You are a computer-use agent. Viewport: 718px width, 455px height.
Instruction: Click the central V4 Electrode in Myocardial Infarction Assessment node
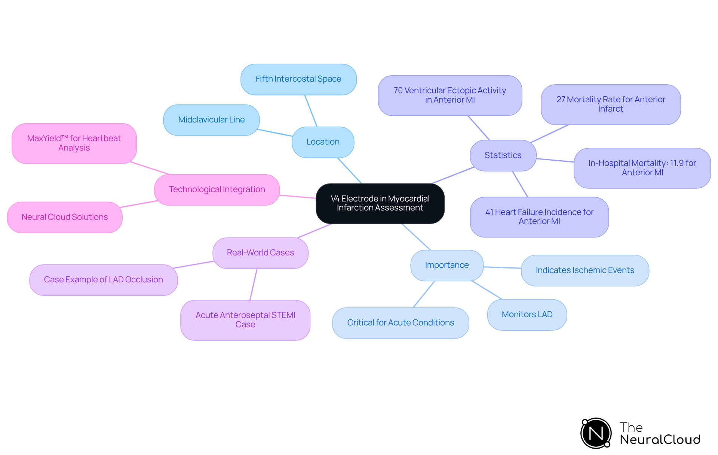(x=380, y=203)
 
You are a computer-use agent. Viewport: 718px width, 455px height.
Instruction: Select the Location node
(x=323, y=142)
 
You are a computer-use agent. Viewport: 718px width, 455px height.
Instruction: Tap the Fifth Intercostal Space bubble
(x=298, y=79)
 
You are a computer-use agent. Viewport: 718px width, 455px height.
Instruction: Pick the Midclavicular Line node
(x=211, y=120)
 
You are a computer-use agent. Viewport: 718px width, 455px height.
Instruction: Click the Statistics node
(x=503, y=155)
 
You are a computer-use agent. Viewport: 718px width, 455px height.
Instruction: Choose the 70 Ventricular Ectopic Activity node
(x=449, y=95)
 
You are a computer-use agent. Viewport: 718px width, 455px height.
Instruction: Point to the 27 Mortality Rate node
(x=610, y=104)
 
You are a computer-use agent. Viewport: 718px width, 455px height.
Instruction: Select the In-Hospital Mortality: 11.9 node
(x=642, y=168)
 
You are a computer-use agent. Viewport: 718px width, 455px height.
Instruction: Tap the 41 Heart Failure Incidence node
(x=539, y=217)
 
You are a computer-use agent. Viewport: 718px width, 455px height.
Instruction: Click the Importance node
(x=447, y=265)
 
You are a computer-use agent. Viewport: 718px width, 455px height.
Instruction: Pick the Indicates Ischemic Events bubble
(x=584, y=270)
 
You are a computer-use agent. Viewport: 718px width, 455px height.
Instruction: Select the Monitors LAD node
(x=527, y=315)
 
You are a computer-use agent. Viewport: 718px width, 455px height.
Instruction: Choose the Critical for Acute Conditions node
(x=400, y=323)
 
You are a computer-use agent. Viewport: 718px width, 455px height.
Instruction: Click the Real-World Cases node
(x=260, y=253)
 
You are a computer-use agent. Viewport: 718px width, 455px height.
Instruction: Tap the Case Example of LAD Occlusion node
(x=103, y=280)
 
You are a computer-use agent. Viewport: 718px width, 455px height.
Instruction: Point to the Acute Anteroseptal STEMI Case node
(x=245, y=320)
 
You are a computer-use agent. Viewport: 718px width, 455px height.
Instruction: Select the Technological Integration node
(x=217, y=189)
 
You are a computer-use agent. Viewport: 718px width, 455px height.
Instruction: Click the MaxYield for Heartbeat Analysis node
(x=74, y=143)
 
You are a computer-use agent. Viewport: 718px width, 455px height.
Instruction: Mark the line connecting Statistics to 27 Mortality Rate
(x=550, y=133)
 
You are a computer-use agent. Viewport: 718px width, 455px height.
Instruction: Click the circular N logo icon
(x=596, y=433)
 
